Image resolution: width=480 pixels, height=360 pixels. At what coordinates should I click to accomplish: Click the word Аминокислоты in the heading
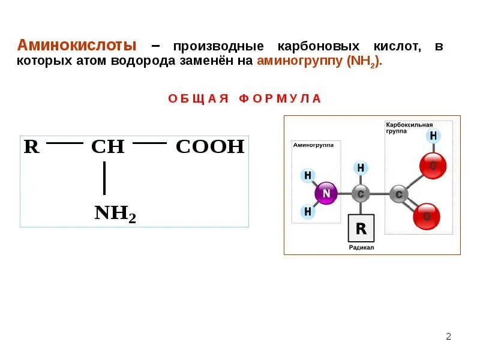[77, 46]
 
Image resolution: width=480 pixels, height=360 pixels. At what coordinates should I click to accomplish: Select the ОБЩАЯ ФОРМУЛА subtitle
[245, 98]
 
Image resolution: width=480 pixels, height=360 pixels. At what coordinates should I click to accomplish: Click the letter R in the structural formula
[31, 147]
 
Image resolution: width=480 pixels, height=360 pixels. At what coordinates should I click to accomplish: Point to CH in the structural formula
[107, 147]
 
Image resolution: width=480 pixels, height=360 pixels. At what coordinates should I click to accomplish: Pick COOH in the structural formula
[210, 147]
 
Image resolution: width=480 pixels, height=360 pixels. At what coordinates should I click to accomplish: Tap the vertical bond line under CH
[104, 178]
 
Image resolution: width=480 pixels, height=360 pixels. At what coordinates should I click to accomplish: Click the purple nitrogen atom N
[326, 193]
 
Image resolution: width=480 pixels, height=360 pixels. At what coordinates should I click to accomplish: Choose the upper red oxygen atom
[433, 166]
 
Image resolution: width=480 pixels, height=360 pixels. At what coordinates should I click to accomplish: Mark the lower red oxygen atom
[427, 217]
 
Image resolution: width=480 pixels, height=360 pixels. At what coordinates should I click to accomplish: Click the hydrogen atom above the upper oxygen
[433, 136]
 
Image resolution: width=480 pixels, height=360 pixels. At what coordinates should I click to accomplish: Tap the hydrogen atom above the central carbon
[361, 168]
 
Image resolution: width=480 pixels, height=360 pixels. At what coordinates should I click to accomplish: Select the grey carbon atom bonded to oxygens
[399, 194]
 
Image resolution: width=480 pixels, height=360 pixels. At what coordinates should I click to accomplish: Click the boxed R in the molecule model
[361, 228]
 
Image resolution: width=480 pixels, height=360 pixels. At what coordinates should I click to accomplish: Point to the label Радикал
[361, 247]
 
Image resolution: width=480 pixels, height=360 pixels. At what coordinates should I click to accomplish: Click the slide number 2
[448, 336]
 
